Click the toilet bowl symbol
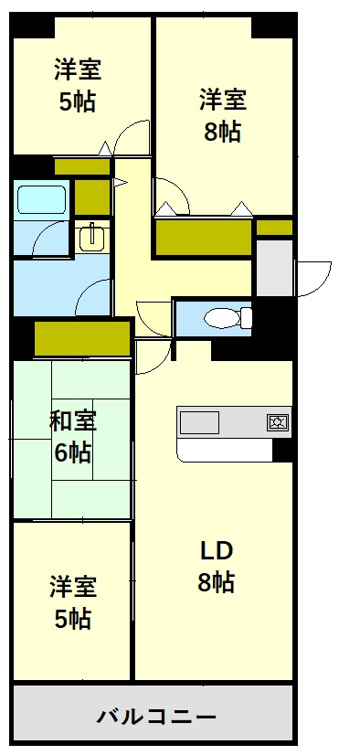tap(228, 318)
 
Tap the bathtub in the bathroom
tap(41, 199)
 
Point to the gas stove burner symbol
tap(278, 422)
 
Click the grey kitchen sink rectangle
tap(200, 422)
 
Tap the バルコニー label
tap(156, 718)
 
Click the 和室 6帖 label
tap(73, 437)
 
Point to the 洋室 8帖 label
tap(222, 115)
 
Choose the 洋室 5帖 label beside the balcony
tap(73, 601)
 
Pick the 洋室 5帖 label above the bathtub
tap(77, 85)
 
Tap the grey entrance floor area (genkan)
tap(274, 268)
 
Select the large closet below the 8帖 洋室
tap(204, 238)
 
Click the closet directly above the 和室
tap(82, 338)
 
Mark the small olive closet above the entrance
tap(274, 228)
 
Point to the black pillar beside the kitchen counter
tap(283, 451)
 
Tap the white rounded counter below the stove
tap(224, 451)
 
